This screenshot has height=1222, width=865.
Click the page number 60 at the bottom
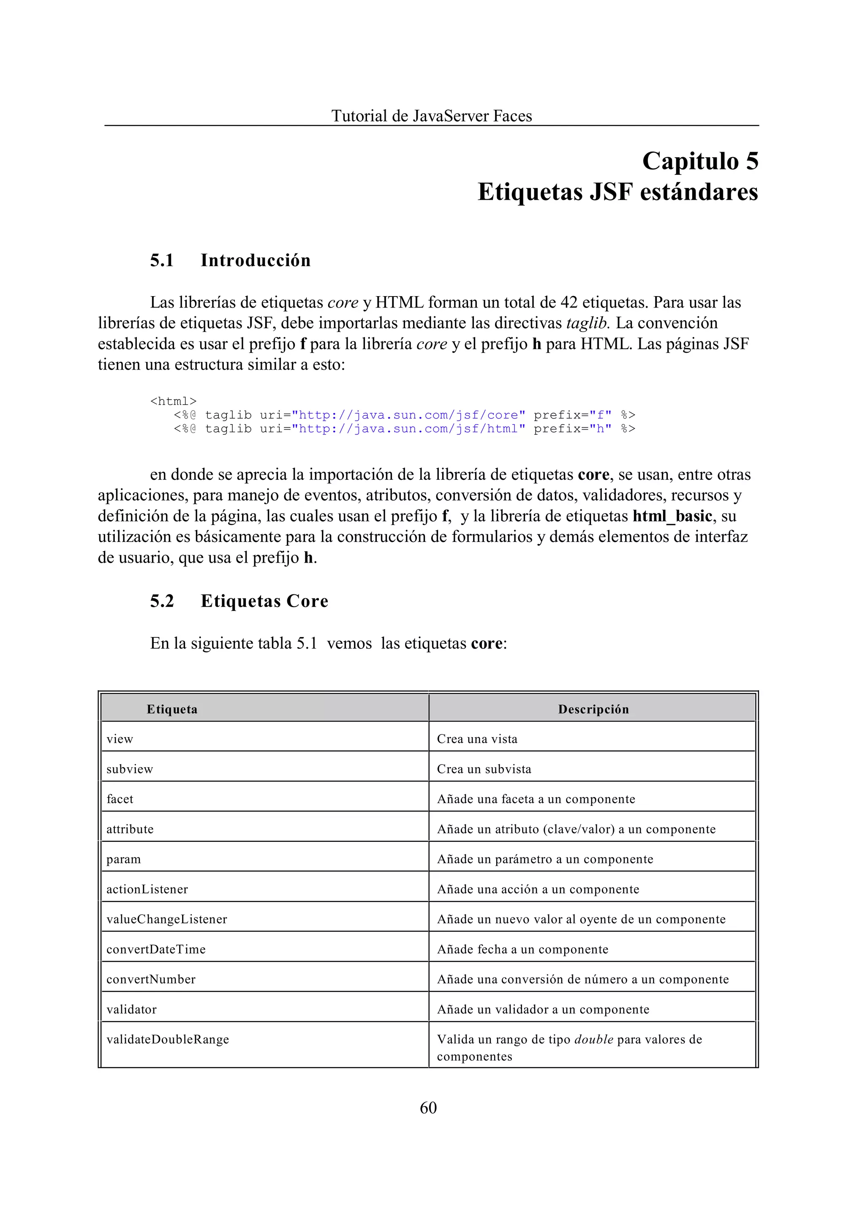coord(428,1108)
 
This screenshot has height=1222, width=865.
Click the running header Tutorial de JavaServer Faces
coord(431,116)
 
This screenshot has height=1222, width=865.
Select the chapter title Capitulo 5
coord(700,161)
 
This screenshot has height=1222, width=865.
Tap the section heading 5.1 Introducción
coord(230,261)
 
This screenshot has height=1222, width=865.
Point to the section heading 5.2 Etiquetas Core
coord(239,601)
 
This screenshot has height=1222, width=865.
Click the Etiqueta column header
coord(172,709)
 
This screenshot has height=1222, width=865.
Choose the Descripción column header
coord(593,709)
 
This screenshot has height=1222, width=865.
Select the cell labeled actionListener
coord(147,889)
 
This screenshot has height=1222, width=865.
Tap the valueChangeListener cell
coord(167,920)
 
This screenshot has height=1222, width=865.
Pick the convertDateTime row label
coord(155,949)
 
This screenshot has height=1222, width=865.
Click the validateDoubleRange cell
coord(167,1039)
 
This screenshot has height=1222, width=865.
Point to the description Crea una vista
coord(477,739)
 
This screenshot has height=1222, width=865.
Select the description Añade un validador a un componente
coord(543,1010)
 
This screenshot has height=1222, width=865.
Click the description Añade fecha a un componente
coord(522,949)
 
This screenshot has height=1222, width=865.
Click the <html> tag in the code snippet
coord(173,401)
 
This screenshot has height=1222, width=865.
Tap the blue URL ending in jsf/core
coord(408,415)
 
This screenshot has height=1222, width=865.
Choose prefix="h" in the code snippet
coord(573,429)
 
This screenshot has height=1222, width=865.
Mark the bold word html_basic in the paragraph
coord(672,516)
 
